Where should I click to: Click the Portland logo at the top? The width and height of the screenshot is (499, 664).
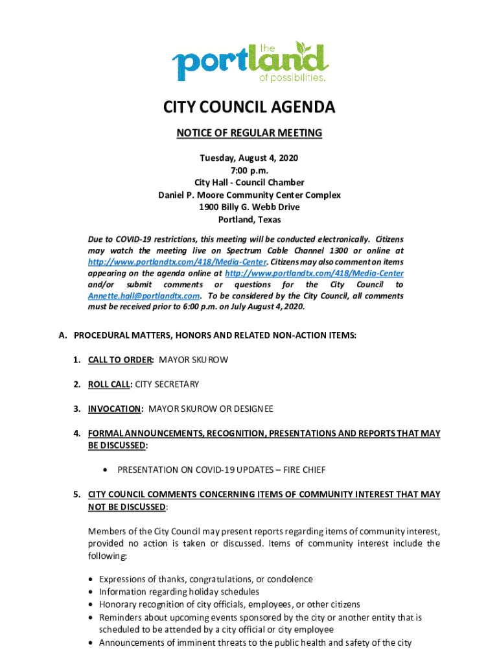tap(250, 62)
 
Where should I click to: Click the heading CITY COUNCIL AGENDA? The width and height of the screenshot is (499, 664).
tap(250, 108)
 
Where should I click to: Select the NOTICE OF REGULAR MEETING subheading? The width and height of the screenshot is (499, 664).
tap(250, 134)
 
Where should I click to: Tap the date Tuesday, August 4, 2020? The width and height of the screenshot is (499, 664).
tap(250, 158)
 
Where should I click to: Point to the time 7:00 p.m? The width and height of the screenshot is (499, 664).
tap(250, 171)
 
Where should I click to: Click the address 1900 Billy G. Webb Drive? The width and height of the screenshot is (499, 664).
tap(250, 207)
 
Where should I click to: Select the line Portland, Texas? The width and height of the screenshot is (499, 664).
tap(250, 220)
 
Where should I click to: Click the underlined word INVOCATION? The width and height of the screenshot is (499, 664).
tap(115, 409)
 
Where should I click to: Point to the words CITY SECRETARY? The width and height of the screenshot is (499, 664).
tap(167, 385)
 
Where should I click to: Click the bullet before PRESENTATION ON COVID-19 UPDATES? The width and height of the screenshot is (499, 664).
tap(104, 469)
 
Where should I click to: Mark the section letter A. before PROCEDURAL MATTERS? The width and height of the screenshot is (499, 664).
tap(63, 335)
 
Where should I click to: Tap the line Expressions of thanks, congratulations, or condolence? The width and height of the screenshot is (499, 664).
tap(206, 579)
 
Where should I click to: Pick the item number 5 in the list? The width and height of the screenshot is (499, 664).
tap(76, 495)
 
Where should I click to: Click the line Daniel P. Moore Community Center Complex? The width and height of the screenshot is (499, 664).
tap(250, 195)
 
